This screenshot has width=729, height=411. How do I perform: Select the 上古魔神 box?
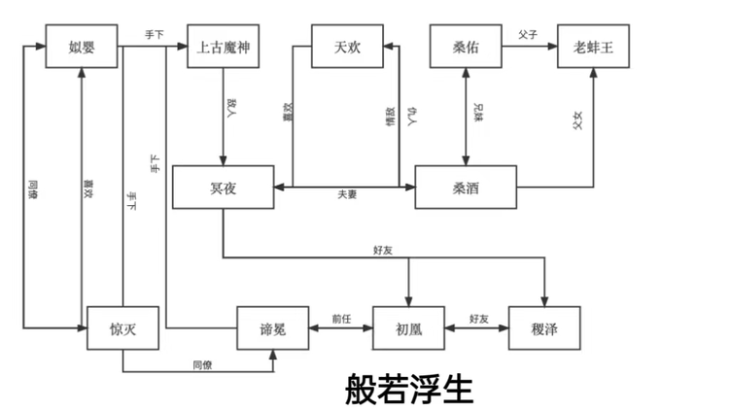(224, 47)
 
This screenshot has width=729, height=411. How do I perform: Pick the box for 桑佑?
(466, 47)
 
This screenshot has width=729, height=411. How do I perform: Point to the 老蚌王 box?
(593, 47)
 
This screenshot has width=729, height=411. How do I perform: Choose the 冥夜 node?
(223, 188)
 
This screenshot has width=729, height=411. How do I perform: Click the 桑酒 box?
(466, 188)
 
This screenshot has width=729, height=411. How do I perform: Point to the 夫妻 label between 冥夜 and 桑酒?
(346, 196)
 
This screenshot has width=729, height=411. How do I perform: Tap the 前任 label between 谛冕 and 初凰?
(340, 318)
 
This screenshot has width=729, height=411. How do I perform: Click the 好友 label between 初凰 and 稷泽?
(477, 318)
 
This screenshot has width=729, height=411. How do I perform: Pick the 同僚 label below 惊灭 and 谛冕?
(202, 364)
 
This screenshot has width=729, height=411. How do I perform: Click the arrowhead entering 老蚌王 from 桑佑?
(553, 46)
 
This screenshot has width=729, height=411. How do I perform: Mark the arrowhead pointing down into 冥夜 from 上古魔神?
(224, 160)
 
